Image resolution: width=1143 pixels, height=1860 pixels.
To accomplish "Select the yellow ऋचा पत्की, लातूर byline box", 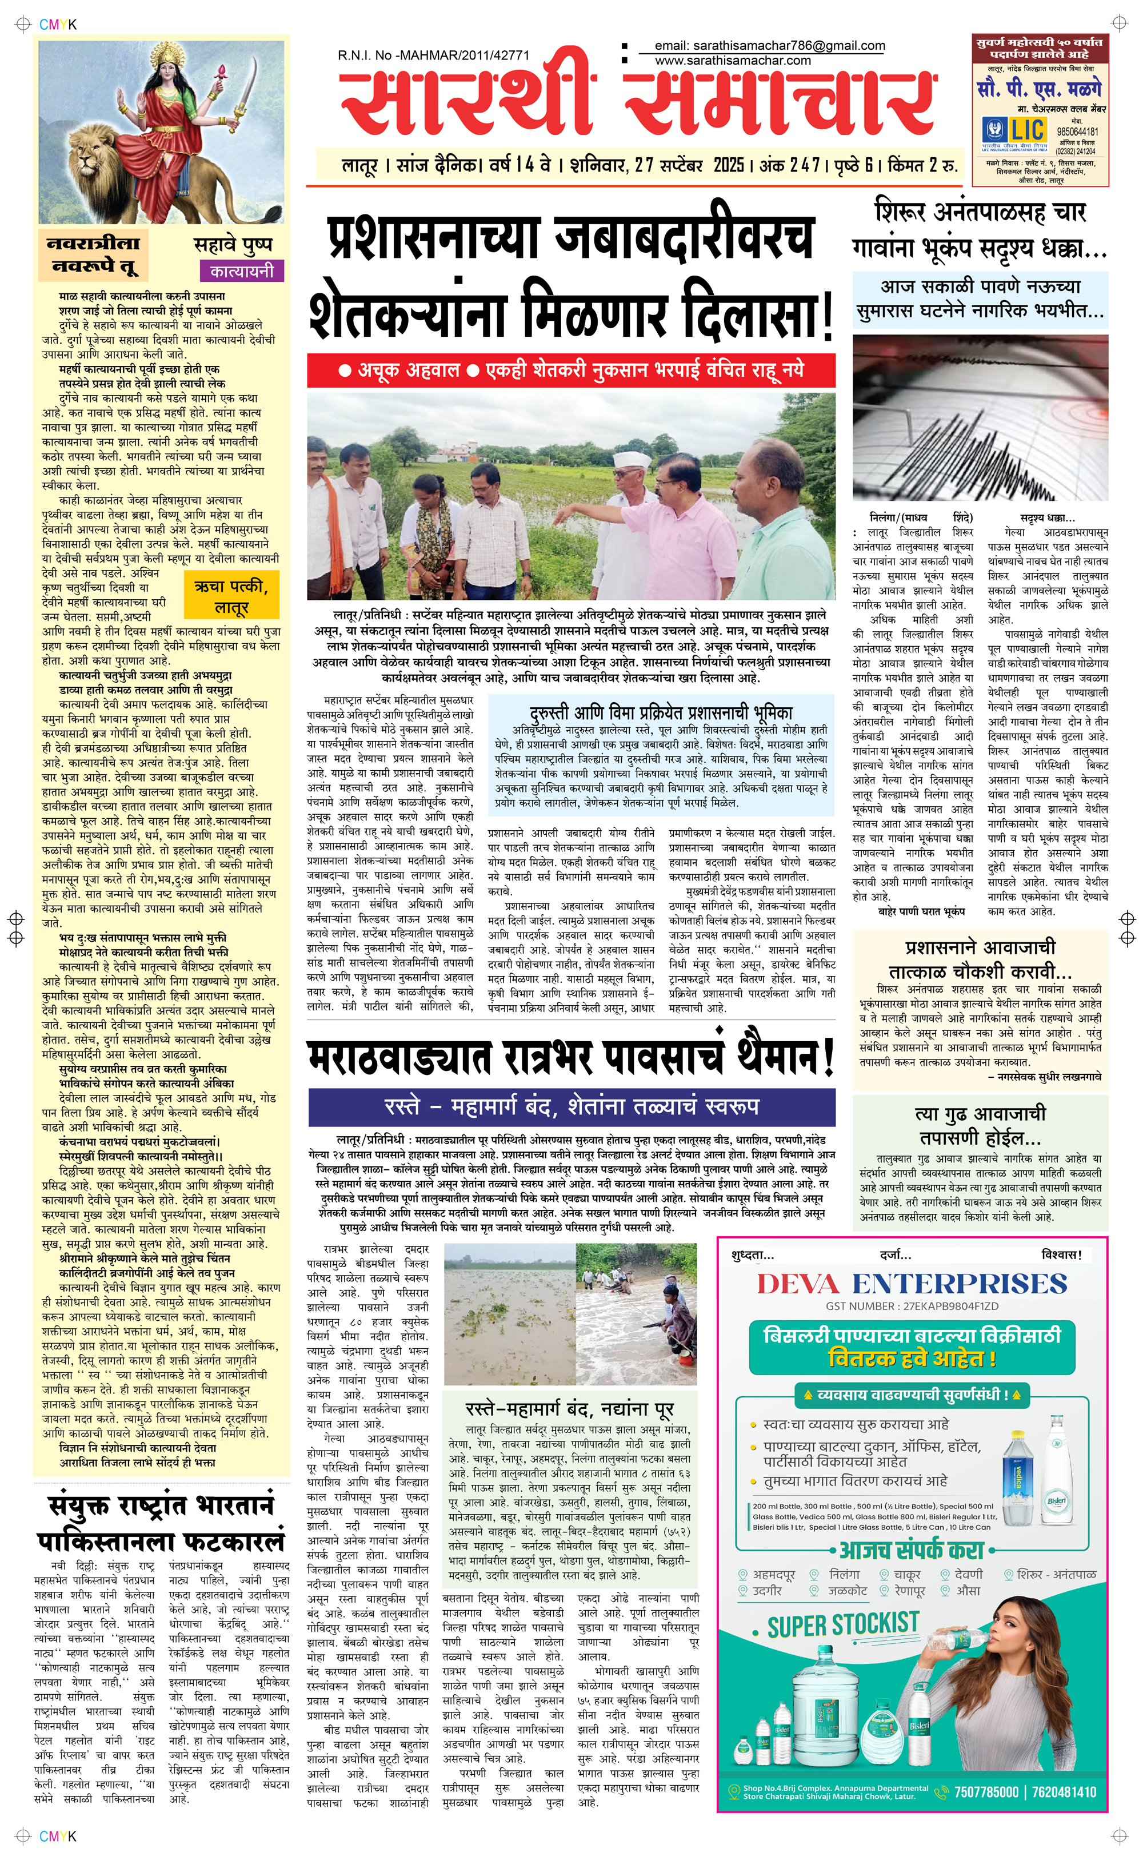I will point(230,596).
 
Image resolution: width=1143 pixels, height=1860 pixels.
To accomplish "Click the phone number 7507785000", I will point(985,1792).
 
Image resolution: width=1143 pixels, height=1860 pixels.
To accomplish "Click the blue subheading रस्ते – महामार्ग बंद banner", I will point(571,1106).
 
